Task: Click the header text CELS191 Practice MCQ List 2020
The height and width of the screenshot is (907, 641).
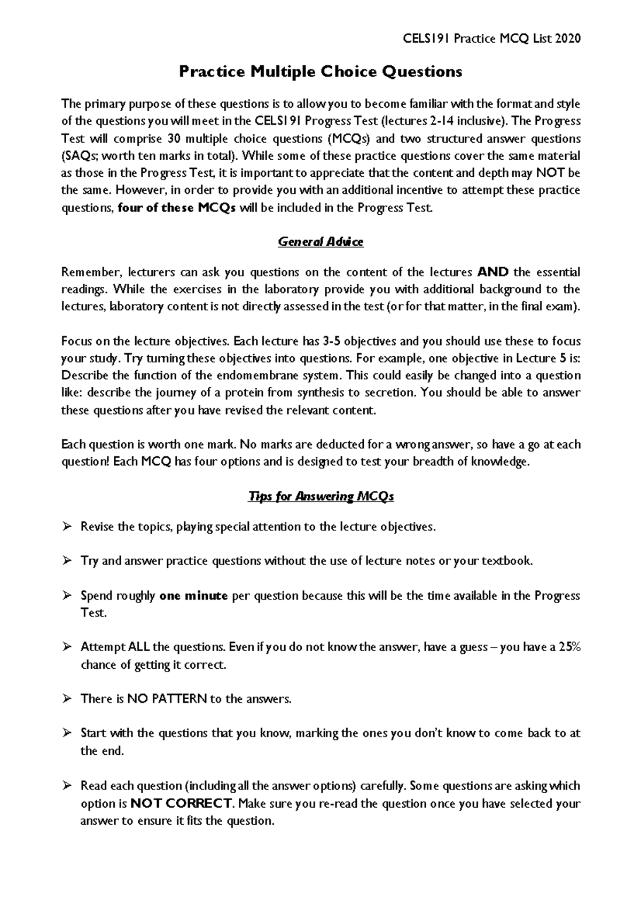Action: (485, 38)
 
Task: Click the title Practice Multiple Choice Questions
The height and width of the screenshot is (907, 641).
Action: (320, 72)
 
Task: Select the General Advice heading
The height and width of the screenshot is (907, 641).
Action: (320, 242)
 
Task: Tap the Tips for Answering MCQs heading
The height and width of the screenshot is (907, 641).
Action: (320, 497)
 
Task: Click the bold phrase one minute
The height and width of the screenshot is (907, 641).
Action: (193, 596)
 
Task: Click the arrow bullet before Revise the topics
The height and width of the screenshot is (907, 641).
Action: (67, 527)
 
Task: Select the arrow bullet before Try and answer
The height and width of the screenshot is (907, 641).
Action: (67, 561)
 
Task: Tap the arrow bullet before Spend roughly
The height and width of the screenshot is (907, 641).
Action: (67, 596)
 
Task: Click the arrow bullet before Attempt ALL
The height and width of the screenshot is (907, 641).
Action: (67, 647)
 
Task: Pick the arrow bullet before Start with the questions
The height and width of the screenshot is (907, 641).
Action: (67, 733)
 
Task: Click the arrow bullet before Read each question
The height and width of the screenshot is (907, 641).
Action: (67, 786)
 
